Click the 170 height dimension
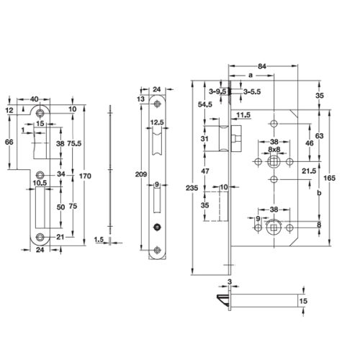click(86, 174)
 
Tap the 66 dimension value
click(9, 144)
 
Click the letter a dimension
click(250, 74)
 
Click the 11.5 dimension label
click(242, 115)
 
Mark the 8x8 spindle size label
click(274, 150)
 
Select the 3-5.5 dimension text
click(252, 92)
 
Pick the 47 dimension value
click(204, 171)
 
